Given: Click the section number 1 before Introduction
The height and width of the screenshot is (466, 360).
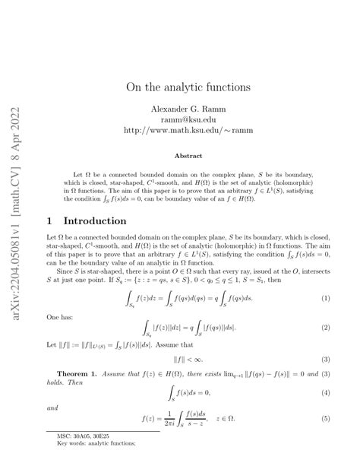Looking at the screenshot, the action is click(x=50, y=221).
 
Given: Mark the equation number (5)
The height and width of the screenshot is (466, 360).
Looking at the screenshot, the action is click(x=325, y=419).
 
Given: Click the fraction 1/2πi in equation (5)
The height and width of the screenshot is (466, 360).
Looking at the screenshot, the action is click(x=179, y=419).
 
